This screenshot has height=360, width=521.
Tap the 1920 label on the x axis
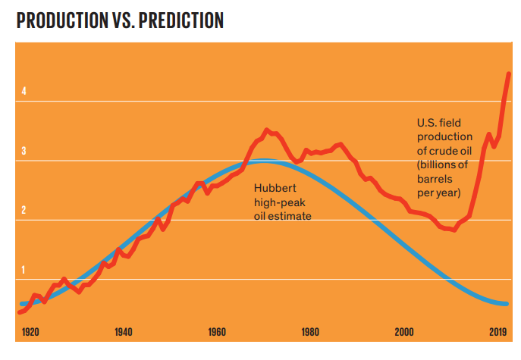30,332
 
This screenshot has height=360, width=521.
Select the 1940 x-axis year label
124,332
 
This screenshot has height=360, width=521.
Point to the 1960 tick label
217,332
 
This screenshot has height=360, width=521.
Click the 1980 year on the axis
309,332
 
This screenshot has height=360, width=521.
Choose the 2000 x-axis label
403,332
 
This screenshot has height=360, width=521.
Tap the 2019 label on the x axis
497,332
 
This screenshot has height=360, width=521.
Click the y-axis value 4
24,91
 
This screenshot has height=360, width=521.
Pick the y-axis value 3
24,151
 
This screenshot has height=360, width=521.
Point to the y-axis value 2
24,210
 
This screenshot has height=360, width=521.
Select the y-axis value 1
24,270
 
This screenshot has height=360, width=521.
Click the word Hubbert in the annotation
275,189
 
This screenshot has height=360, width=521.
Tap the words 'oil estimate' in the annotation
284,216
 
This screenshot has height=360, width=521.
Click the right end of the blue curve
507,304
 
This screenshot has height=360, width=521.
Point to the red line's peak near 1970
267,130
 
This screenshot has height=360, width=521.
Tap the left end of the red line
20,311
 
